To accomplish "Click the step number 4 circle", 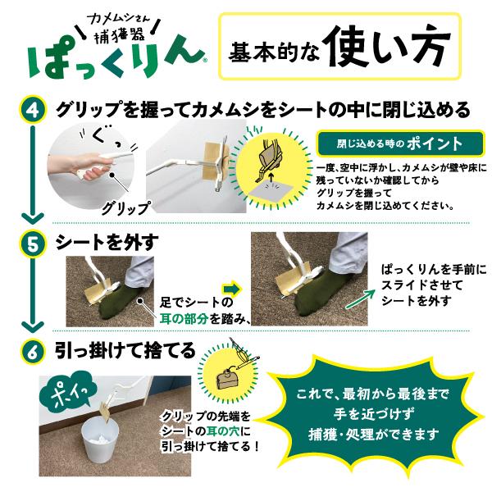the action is coord(33,111).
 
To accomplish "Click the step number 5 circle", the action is coord(33,244).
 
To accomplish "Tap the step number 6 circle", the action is coord(33,351).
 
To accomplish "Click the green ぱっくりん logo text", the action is coord(117,59).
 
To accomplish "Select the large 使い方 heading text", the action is coord(386,46).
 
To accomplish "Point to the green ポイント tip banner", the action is coord(400,143).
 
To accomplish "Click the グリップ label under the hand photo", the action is coord(125,207).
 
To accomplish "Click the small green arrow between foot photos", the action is coord(232,289).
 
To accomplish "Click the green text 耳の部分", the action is coord(184,319).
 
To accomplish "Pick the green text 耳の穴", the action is coord(223,431).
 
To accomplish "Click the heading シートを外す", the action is coord(107,243).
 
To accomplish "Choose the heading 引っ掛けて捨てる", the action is coord(125,350).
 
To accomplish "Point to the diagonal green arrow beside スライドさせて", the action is coord(360,299).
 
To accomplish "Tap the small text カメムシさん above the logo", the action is coord(120,21).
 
